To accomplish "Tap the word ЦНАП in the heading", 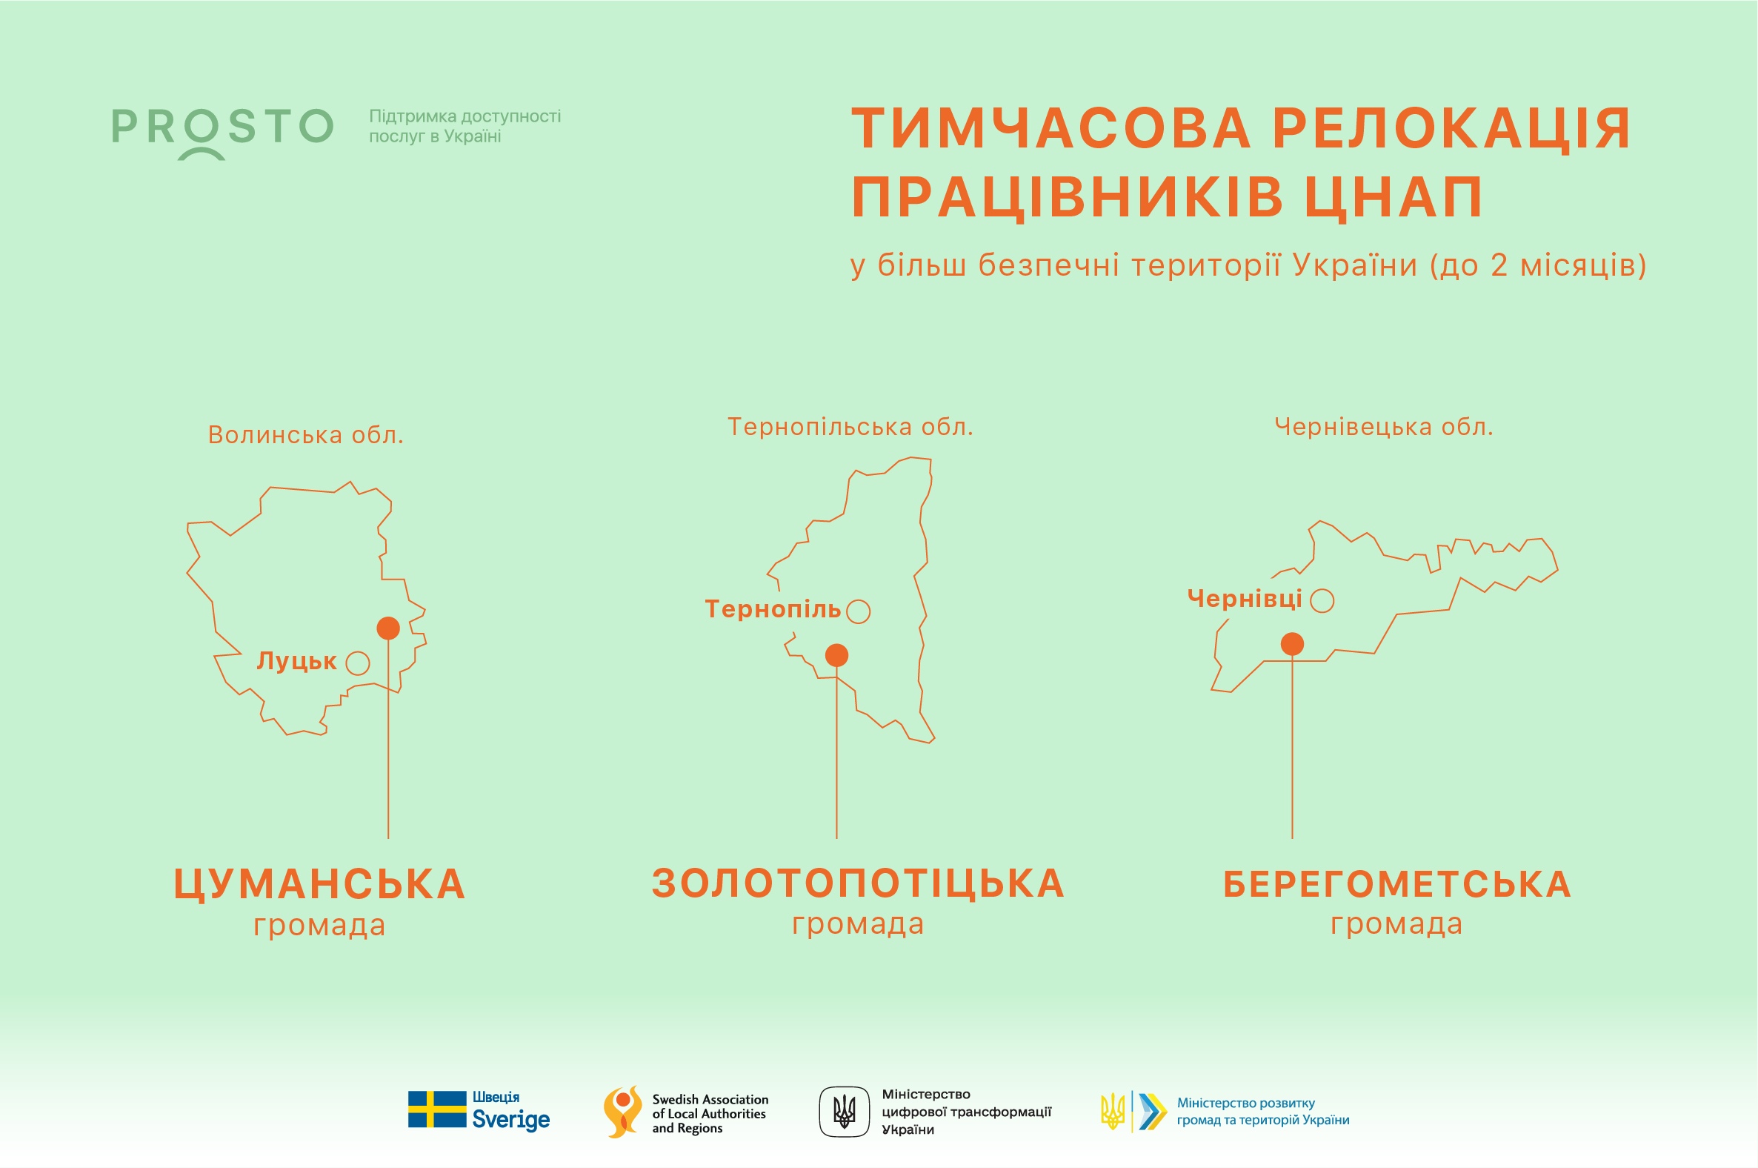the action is (1394, 197).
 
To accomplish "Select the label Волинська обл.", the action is (305, 434).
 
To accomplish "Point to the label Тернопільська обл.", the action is (850, 427).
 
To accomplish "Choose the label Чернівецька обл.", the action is (1384, 427).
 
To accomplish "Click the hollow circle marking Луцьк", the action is (357, 663).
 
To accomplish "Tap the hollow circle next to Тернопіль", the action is (859, 611).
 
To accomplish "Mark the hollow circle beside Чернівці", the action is (1322, 600).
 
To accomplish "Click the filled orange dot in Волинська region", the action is (388, 628).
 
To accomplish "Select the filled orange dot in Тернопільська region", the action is (837, 655).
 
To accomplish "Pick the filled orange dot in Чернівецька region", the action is (1293, 644).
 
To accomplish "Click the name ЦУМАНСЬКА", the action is (319, 884).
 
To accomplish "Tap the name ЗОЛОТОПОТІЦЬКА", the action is (859, 883).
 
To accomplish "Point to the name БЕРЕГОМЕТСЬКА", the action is (1398, 885).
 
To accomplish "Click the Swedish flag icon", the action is (437, 1109).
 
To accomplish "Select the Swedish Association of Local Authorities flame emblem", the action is (622, 1112).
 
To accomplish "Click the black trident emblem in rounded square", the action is (845, 1112).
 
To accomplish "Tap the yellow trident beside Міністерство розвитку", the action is (1113, 1112).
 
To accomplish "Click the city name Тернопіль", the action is (773, 610).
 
